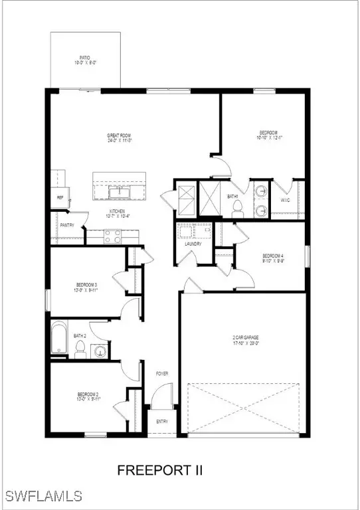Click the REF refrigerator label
60,197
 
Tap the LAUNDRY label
193,244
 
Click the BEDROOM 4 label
272,256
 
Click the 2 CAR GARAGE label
245,338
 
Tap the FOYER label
162,374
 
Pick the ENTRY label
162,422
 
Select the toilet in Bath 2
80,349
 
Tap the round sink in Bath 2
100,351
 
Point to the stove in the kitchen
112,233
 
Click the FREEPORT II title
159,470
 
